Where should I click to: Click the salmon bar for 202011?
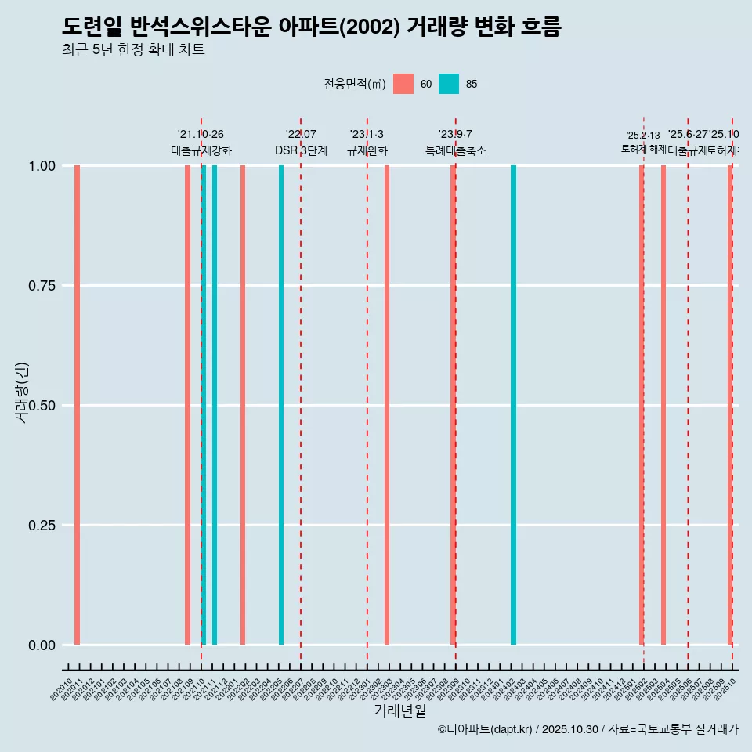point(77,405)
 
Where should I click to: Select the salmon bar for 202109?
point(187,405)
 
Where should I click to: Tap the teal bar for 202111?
point(215,405)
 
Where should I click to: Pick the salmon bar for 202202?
point(243,405)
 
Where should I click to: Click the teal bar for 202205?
point(281,405)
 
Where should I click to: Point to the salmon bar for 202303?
point(387,405)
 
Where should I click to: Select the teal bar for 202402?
point(513,405)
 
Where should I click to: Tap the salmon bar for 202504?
point(663,405)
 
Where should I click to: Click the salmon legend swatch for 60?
point(403,84)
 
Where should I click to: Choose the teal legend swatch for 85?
point(449,84)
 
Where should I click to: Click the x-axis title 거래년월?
point(399,711)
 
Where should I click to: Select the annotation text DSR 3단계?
point(301,150)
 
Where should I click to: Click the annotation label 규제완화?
point(367,150)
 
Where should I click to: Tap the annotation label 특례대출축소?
point(456,150)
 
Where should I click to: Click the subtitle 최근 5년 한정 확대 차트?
point(133,50)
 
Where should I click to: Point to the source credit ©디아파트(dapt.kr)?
point(486,729)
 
